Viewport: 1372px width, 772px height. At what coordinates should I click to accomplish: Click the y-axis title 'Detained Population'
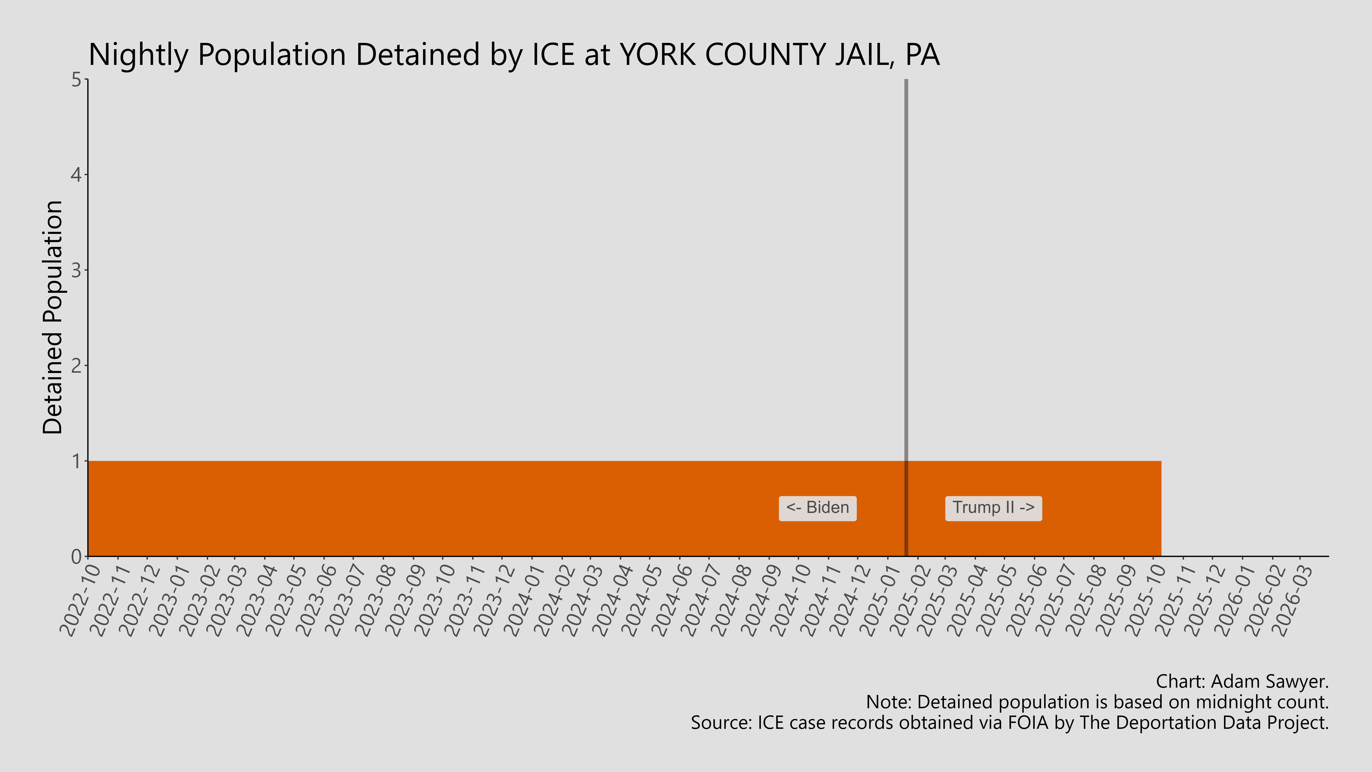click(53, 318)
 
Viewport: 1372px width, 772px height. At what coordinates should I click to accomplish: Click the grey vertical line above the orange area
click(906, 266)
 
